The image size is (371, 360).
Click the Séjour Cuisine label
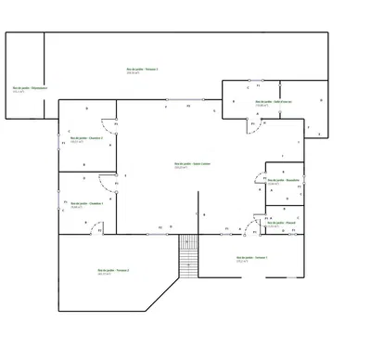point(186,164)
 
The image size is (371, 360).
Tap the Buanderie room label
point(280,179)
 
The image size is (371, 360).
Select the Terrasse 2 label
point(113,270)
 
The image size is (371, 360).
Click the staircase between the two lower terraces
point(189,255)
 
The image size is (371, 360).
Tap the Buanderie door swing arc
point(260,179)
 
